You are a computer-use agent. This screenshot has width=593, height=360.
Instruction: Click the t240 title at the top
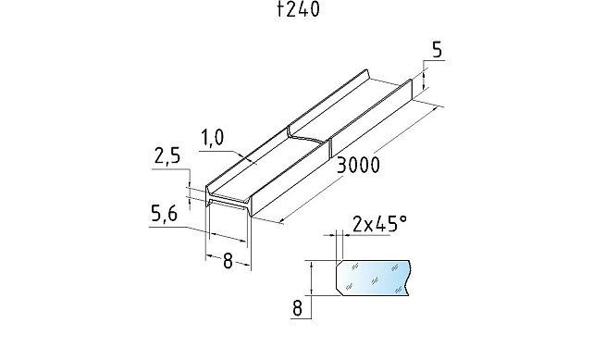[x=298, y=9]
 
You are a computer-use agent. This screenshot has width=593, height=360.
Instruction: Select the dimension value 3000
[x=357, y=165]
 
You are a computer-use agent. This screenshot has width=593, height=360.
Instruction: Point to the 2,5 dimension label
[x=167, y=156]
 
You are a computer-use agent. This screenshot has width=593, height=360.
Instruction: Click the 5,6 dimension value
[x=164, y=216]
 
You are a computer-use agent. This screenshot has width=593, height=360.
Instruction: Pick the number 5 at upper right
[x=437, y=50]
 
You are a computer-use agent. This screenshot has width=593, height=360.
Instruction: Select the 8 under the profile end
[x=228, y=261]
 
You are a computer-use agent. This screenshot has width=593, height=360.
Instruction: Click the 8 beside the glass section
[x=298, y=308]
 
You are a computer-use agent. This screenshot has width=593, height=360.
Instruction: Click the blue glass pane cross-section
[x=373, y=278]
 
